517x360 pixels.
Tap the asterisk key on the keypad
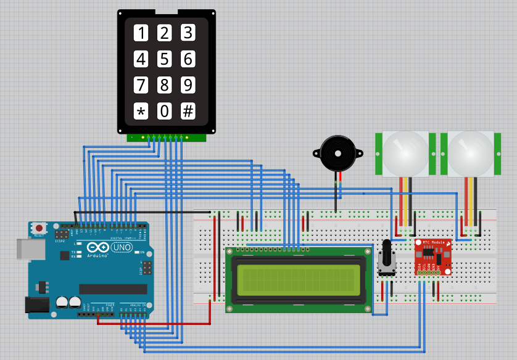[x=142, y=112]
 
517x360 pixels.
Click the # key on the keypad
[x=188, y=112]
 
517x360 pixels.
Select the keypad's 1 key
[x=142, y=33]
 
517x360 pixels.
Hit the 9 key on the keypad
[x=188, y=84]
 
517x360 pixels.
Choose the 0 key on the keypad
[x=165, y=112]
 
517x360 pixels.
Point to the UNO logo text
[x=121, y=247]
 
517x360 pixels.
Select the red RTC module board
[x=432, y=258]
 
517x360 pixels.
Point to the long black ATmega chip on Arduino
[x=113, y=289]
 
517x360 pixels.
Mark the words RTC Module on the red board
[x=434, y=243]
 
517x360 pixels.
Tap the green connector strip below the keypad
[x=165, y=137]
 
